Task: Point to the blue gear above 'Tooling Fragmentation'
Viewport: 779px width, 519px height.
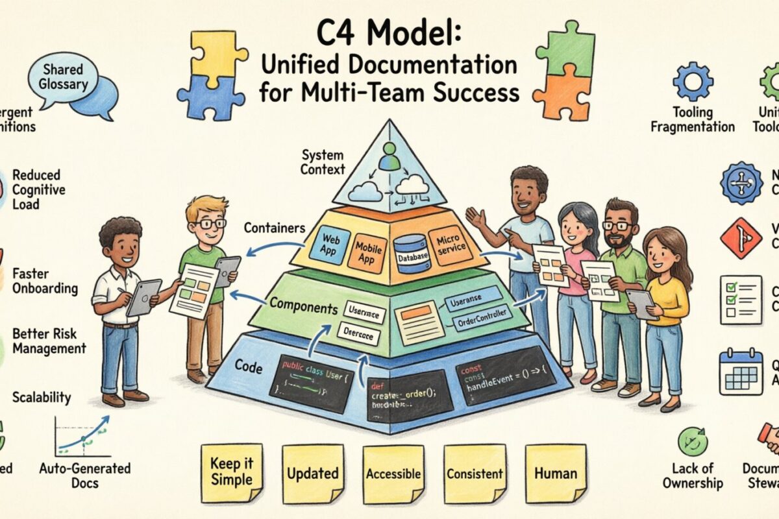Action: [692, 80]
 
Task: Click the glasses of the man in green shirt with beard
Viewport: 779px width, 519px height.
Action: [617, 226]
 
